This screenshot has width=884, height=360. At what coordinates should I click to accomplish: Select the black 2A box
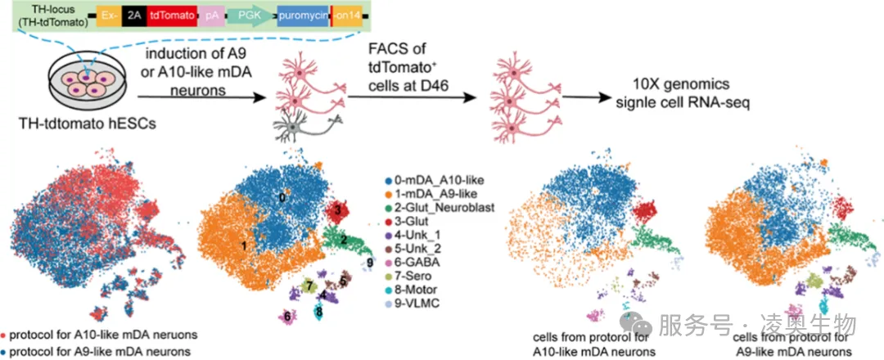[x=133, y=16]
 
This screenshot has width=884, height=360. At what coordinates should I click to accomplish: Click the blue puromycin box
[x=302, y=16]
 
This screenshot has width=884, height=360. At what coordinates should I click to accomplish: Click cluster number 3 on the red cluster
[x=336, y=210]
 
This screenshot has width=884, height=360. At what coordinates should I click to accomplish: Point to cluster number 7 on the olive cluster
[x=309, y=286]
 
